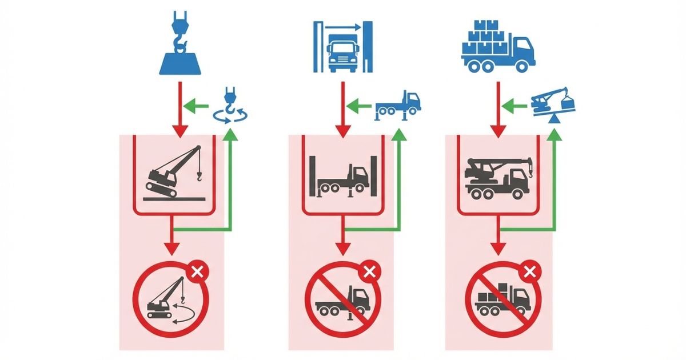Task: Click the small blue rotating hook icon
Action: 230,106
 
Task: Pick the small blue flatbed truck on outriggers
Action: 398,106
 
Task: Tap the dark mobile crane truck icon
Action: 497,175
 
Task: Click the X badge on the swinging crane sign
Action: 197,271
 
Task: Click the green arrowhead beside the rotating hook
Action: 191,105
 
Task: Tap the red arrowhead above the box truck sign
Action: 498,248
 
